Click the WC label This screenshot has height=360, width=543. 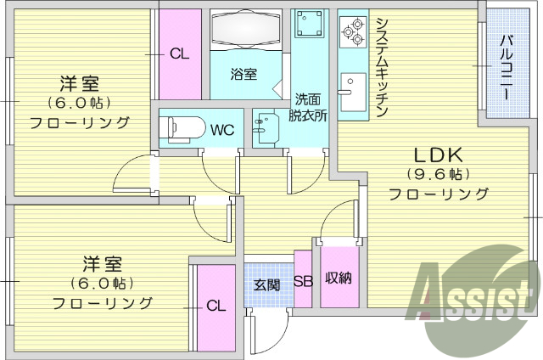[x=222, y=130]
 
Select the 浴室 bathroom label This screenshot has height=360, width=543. [x=244, y=74]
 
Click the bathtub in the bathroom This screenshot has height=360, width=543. [x=246, y=30]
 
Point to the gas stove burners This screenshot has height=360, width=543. [x=351, y=33]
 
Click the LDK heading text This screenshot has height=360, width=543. [x=438, y=155]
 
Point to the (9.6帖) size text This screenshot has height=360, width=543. [x=438, y=175]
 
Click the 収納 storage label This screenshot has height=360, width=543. [x=338, y=278]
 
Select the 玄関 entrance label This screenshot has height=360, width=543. [x=267, y=284]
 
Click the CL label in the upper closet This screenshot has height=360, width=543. [x=179, y=53]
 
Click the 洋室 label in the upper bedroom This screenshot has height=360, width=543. [x=80, y=84]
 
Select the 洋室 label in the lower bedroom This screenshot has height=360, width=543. [x=102, y=263]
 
